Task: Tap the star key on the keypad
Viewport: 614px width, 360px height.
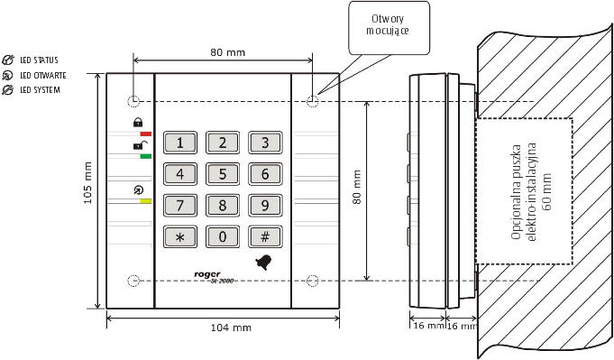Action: [180, 236]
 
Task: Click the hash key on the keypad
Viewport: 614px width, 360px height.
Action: [265, 236]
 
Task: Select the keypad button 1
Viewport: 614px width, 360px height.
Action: [180, 143]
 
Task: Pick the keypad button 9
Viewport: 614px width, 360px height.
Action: [265, 206]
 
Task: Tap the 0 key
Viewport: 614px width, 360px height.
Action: [223, 236]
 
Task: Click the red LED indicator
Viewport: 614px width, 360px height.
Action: [146, 134]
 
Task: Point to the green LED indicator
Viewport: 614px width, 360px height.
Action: [146, 156]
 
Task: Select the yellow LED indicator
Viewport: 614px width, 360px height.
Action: [146, 201]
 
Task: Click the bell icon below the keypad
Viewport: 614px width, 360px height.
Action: [264, 262]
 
